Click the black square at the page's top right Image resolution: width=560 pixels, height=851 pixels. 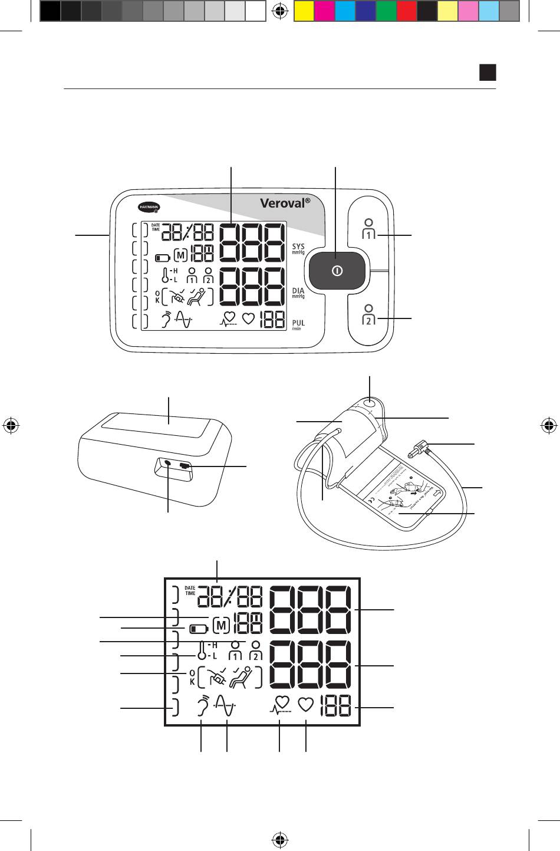487,73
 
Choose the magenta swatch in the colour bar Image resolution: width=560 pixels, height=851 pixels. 324,11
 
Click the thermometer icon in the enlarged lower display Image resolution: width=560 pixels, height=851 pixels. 202,651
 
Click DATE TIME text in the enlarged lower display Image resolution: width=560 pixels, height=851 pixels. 189,590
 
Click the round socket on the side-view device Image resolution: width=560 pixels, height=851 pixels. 169,464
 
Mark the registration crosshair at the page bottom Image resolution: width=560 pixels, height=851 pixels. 281,838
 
